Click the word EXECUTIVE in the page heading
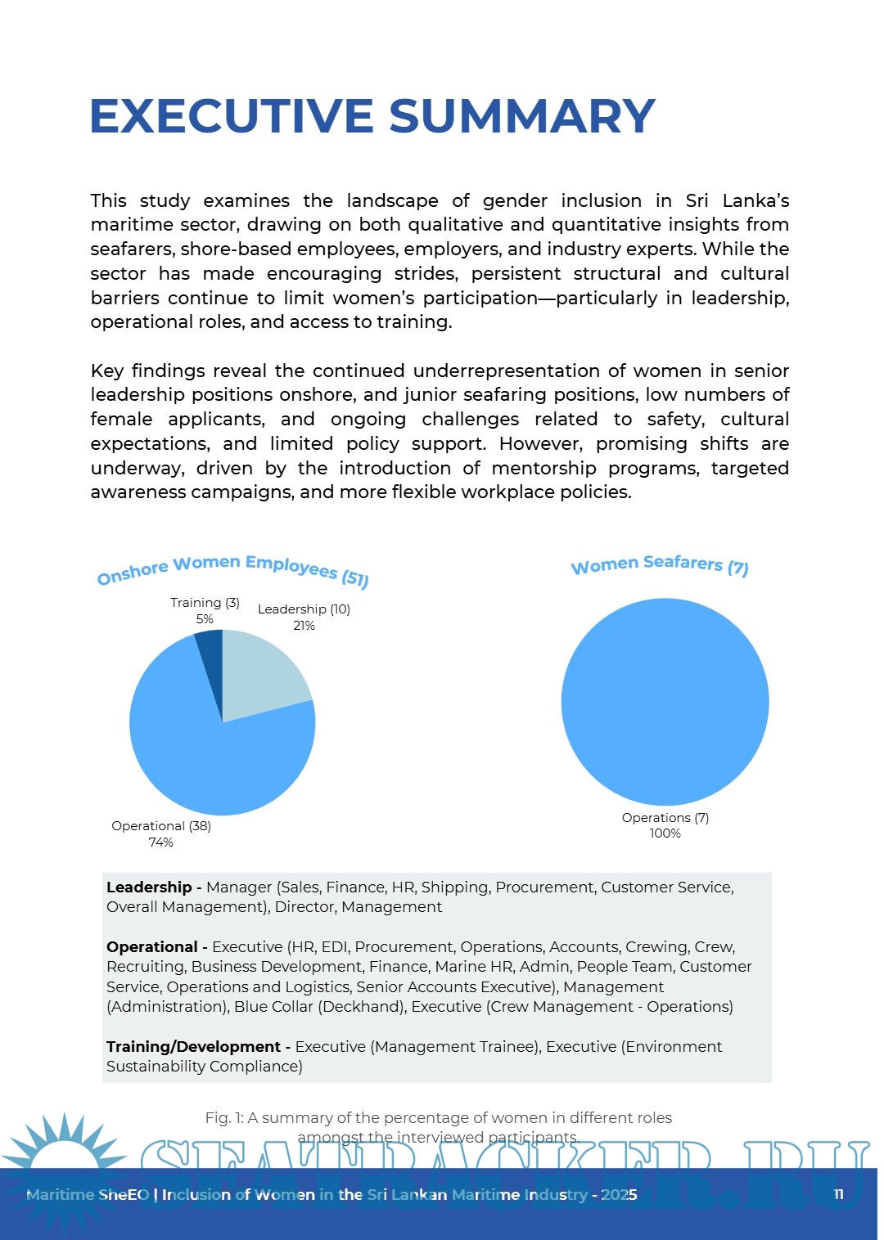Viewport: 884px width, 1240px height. [232, 116]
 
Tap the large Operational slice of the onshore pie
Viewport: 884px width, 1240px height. [205, 753]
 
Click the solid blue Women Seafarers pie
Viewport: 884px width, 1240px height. [665, 702]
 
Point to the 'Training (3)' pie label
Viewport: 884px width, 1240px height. [205, 603]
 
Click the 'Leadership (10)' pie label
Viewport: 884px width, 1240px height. [304, 609]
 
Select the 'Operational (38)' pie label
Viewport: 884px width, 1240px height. [161, 826]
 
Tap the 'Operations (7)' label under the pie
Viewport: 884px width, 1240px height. [665, 818]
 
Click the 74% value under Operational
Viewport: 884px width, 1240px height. [160, 842]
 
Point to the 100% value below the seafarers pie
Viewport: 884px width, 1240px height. [665, 833]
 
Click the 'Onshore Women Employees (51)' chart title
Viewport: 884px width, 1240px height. [233, 569]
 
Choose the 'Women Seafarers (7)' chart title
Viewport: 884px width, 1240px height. [659, 564]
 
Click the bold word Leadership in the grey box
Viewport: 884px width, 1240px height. [149, 887]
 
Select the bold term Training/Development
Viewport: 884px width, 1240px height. [194, 1047]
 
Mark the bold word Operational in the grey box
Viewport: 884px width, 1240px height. [152, 947]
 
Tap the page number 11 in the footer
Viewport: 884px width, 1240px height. [838, 1194]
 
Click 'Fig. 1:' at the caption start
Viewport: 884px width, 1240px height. [223, 1118]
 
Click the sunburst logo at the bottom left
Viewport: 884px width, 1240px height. [61, 1153]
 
